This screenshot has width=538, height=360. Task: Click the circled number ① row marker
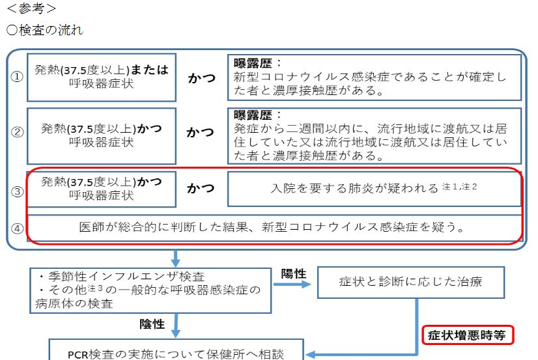[17, 76]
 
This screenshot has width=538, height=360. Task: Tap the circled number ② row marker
[18, 132]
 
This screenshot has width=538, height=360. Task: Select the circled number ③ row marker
[18, 191]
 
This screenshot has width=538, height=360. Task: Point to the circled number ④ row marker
[18, 228]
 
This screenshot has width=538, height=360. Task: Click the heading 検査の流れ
[51, 30]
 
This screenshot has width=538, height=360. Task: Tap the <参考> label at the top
[31, 8]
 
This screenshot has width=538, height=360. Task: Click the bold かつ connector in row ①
[201, 78]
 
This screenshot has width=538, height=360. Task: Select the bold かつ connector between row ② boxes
[201, 132]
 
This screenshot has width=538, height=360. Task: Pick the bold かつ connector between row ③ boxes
[201, 188]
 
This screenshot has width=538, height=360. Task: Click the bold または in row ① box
[150, 70]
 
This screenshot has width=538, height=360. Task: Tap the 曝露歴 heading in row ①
[253, 63]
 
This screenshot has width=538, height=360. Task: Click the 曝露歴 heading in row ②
[253, 115]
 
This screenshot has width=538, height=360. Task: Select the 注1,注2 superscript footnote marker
[459, 186]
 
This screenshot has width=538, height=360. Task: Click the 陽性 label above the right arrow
[293, 273]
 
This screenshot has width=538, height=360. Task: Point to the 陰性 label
[152, 324]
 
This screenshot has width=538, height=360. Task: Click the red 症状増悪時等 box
[468, 335]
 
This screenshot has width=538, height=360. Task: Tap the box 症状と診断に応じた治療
[411, 282]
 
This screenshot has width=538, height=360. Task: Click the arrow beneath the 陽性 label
[292, 284]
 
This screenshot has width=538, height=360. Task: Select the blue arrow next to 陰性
[176, 325]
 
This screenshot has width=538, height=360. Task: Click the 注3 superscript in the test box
[95, 288]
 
